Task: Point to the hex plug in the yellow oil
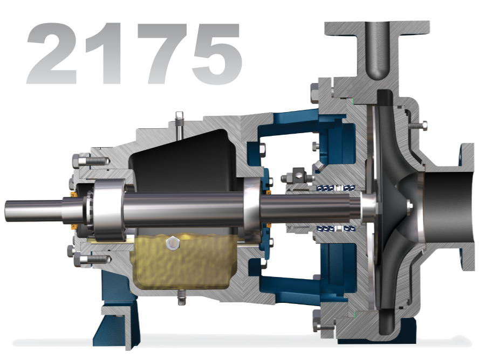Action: [172, 244]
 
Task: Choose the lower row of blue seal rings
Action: [334, 229]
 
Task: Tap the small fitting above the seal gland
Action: [297, 174]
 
